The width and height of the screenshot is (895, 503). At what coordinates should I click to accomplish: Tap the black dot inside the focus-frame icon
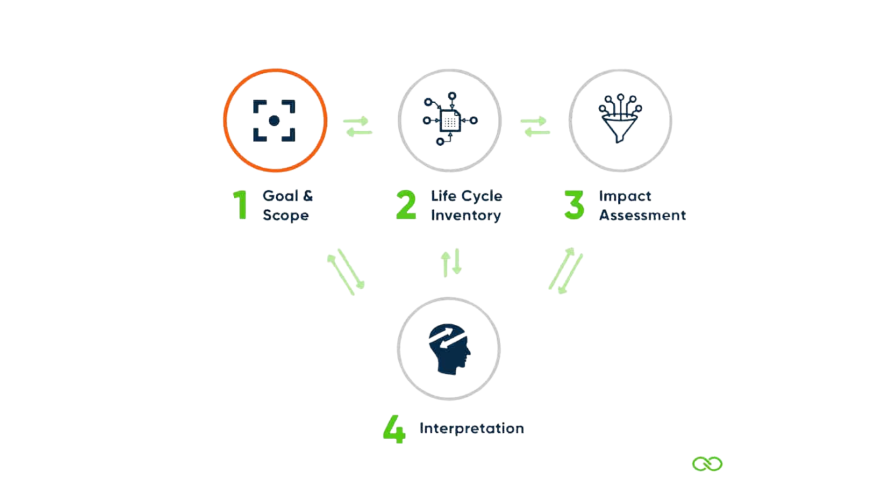[275, 121]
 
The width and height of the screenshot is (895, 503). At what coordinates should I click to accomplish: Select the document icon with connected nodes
[449, 121]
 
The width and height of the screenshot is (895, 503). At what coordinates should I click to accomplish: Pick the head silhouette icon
[450, 350]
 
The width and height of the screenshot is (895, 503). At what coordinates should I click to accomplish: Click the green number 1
[241, 205]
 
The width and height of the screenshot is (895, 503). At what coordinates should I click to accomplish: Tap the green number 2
[406, 205]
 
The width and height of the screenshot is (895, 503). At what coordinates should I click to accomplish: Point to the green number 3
[574, 205]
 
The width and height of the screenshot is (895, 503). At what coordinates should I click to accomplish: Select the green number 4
[394, 429]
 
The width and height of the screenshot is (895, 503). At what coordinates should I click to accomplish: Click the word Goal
[278, 196]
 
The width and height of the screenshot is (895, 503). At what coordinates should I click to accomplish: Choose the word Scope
[286, 215]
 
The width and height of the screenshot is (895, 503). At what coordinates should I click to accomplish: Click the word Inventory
[466, 215]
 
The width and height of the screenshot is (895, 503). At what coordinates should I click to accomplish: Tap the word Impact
[625, 196]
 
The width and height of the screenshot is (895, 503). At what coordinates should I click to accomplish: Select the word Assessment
[643, 215]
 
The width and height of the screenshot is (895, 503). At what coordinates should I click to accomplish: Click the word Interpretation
[472, 428]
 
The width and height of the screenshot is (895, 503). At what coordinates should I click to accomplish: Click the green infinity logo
[708, 464]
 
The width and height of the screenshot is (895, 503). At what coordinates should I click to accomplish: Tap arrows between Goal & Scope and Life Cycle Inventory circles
[358, 126]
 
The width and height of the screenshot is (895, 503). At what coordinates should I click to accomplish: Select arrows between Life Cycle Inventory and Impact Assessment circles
[535, 126]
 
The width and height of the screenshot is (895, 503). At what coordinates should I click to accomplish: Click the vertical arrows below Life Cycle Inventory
[451, 262]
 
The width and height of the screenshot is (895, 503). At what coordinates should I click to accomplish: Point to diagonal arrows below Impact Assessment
[565, 270]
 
